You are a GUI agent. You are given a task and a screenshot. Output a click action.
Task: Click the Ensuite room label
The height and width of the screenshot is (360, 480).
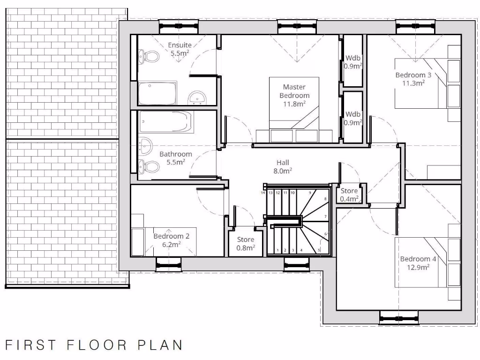point(180,45)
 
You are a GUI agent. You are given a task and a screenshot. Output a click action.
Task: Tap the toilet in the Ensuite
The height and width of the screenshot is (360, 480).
point(149,57)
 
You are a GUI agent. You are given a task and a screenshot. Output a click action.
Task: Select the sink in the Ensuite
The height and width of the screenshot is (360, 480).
point(197,98)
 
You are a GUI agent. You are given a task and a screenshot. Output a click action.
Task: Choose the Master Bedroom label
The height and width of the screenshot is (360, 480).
point(294,91)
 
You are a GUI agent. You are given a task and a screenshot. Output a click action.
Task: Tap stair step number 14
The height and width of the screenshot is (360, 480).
point(263,193)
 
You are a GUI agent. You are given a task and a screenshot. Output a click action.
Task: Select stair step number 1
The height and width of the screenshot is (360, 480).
point(278,250)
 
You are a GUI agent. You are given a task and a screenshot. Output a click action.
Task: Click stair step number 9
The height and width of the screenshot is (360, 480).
point(310,193)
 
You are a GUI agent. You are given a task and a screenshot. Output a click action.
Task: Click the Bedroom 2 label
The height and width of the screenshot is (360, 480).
point(172,236)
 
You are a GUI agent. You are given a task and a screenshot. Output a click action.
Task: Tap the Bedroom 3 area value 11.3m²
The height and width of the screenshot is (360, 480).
point(413,83)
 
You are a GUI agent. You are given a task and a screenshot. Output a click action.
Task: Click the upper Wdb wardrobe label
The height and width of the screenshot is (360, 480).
point(353,58)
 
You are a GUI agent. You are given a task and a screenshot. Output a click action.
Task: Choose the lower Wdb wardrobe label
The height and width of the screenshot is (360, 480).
point(353,114)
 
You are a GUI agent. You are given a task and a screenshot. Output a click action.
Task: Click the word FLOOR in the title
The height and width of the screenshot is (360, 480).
point(97,345)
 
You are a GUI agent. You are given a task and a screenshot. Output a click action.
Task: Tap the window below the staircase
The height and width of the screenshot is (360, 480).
point(297,265)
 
